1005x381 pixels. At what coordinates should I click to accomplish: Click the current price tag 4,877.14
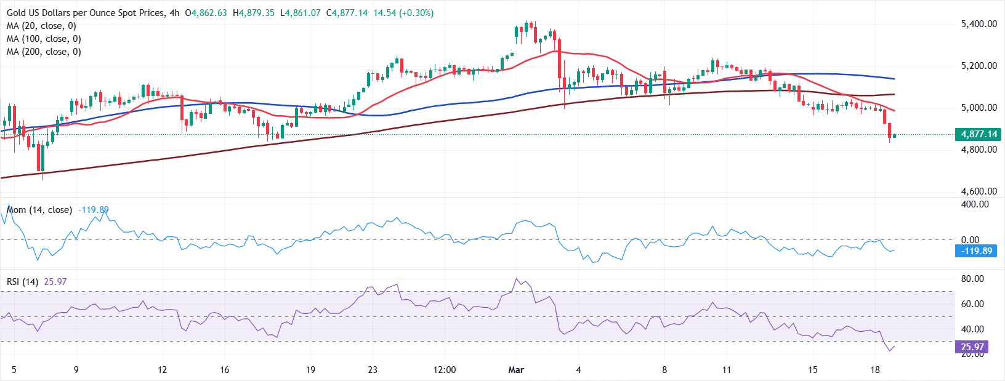coord(978,134)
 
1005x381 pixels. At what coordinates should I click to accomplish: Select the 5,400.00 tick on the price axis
coord(979,24)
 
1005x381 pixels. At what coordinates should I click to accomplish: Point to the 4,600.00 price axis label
coord(979,191)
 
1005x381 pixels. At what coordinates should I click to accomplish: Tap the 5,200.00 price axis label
coord(979,66)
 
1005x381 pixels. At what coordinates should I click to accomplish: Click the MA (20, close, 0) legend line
coord(41,26)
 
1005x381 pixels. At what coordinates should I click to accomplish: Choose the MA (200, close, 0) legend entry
coord(44,52)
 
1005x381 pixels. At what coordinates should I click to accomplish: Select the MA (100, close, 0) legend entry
coord(44,39)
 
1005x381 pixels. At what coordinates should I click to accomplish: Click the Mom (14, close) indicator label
coord(39,210)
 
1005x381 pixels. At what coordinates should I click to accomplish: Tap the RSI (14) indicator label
coord(22,282)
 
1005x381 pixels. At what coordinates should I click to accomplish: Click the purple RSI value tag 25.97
coord(972,347)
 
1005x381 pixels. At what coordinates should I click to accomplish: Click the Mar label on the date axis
coord(516,370)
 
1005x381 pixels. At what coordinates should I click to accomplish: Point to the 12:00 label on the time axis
coord(445,370)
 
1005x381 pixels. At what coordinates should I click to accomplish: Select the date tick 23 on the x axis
coord(372,370)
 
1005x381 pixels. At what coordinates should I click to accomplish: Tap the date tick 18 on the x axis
coord(875,370)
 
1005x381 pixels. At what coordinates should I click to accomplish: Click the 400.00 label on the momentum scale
coord(975,204)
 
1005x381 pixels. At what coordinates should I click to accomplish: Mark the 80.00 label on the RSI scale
coord(972,279)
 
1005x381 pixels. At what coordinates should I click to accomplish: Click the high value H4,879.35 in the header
coord(254,13)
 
